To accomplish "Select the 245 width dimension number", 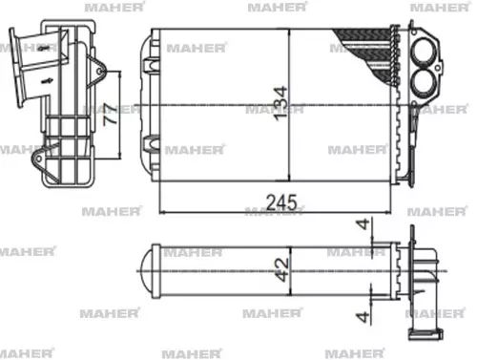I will pos(283,202).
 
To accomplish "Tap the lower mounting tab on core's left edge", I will pos(149,144).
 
